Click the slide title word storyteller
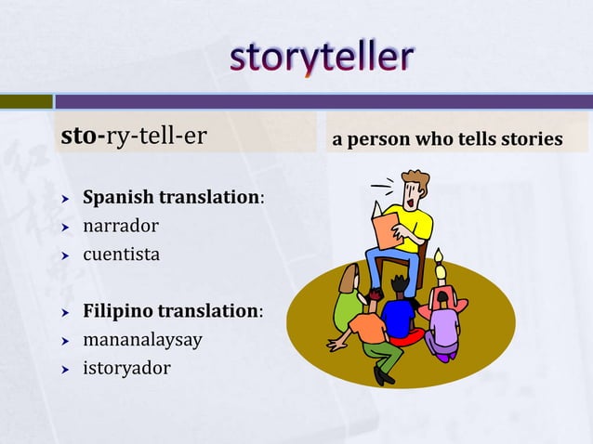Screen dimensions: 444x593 coord(322,58)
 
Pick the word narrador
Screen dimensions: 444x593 coord(121,225)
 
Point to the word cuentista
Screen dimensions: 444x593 coord(121,252)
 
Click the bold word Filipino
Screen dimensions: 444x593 coord(121,310)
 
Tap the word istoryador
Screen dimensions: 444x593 coord(127,368)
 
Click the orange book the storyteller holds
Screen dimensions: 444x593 coord(380,229)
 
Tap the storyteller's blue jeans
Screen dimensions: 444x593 coord(390,259)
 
